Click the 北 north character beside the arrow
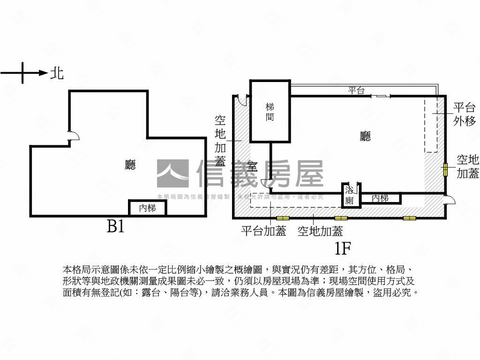(57, 73)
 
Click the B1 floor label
(115, 227)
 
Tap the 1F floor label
(343, 247)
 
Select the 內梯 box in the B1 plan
(147, 208)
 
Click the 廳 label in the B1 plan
(130, 165)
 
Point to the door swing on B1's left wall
(73, 135)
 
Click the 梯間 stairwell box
(270, 112)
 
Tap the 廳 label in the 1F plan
(365, 136)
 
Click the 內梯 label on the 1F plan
(380, 198)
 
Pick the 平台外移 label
(464, 114)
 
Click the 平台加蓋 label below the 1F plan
(263, 231)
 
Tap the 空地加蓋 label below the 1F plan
(320, 231)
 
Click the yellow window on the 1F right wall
(444, 170)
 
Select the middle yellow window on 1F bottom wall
(341, 218)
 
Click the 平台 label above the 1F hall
(356, 90)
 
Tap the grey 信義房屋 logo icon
(172, 173)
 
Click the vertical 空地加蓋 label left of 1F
(220, 141)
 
